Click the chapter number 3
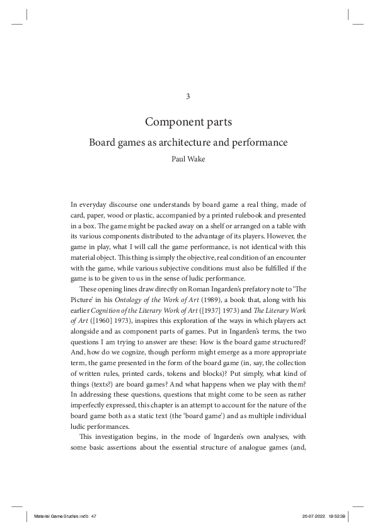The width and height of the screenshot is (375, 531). pos(187,96)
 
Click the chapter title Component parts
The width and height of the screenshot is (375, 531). pos(187,121)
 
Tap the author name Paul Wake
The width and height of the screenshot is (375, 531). pos(187,159)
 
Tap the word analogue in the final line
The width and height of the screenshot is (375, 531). pos(252,446)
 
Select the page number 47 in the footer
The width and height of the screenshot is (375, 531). pos(93,516)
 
